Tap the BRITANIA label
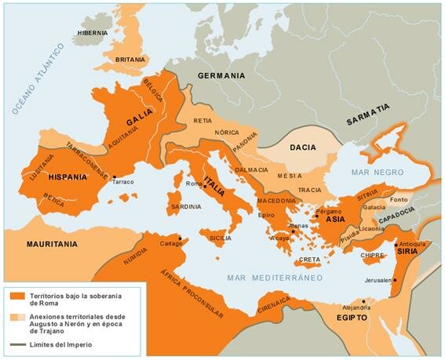coord(131,59)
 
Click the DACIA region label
coord(302,147)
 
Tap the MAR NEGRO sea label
coord(371,172)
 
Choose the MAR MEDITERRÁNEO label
coord(275,278)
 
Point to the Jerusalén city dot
coord(395,280)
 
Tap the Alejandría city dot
coord(363,300)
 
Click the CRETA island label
coord(310,260)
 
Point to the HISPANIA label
coord(67,177)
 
